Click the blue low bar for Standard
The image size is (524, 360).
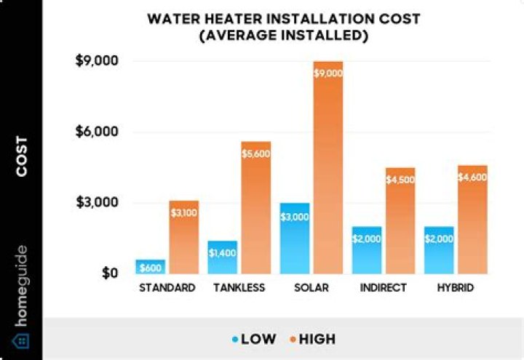(151, 266)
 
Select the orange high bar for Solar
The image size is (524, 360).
(327, 167)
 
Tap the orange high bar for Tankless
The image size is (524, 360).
(255, 207)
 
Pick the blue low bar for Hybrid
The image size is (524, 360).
(439, 249)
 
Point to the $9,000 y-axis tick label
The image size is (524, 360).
(97, 61)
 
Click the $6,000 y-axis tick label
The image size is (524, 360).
(97, 132)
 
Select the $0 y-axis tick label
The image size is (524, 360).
(107, 273)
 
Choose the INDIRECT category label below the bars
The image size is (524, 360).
(384, 288)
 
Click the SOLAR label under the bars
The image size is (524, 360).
(312, 288)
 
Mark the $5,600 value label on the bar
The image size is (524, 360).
(256, 153)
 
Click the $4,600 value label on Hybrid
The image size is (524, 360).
(472, 177)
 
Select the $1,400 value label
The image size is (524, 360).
(223, 253)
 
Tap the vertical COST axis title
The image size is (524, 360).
(21, 156)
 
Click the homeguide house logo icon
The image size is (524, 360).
(21, 340)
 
